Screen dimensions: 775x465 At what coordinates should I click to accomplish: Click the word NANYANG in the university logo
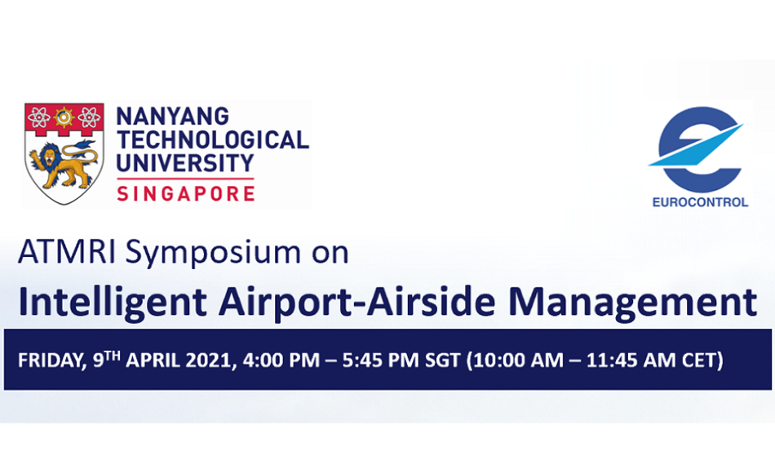[172, 117]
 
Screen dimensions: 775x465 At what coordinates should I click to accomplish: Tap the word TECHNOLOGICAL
[213, 139]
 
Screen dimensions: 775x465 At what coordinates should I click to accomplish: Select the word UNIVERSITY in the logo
[185, 163]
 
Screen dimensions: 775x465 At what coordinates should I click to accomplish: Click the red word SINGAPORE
[186, 193]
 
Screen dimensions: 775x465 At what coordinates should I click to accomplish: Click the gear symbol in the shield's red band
[64, 117]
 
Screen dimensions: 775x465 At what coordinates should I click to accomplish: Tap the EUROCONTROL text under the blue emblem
[700, 202]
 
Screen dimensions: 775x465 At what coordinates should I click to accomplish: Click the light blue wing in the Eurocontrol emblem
[696, 145]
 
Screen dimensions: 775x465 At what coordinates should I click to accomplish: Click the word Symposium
[213, 254]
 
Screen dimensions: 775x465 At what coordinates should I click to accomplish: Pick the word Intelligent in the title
[113, 302]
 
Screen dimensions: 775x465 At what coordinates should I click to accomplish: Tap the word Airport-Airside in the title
[356, 302]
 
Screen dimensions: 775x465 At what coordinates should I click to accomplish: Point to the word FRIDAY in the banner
[50, 361]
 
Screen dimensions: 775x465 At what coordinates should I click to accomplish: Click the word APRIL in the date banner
[153, 360]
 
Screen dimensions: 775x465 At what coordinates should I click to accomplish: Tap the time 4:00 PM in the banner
[281, 360]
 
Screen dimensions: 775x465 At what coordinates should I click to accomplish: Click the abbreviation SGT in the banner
[443, 360]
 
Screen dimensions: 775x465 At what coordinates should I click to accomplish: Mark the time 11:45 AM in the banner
[631, 360]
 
